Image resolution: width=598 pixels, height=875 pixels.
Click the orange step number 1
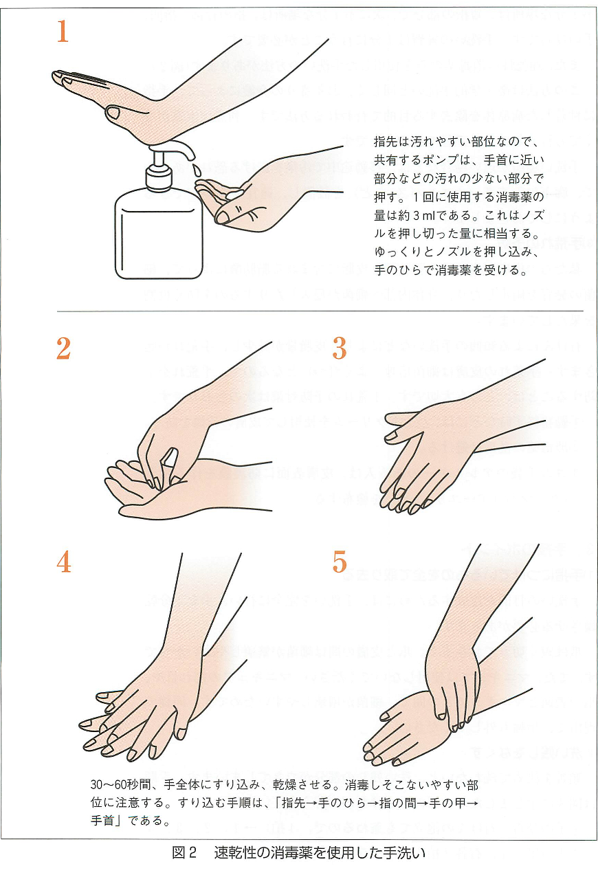point(63,32)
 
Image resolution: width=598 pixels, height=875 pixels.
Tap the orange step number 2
point(63,349)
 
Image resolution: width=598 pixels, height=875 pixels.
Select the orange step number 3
point(340,349)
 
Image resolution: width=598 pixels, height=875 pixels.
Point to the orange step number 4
point(64,563)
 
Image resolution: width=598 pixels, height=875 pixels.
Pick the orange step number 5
point(340,563)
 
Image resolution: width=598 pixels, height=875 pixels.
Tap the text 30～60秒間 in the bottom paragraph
point(119,784)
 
